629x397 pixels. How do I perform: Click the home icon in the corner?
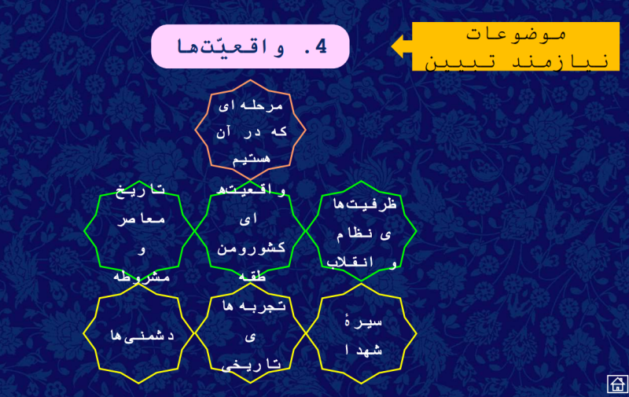[x=616, y=384]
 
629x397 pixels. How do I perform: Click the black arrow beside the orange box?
[x=401, y=46]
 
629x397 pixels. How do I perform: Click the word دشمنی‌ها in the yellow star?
[x=133, y=334]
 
